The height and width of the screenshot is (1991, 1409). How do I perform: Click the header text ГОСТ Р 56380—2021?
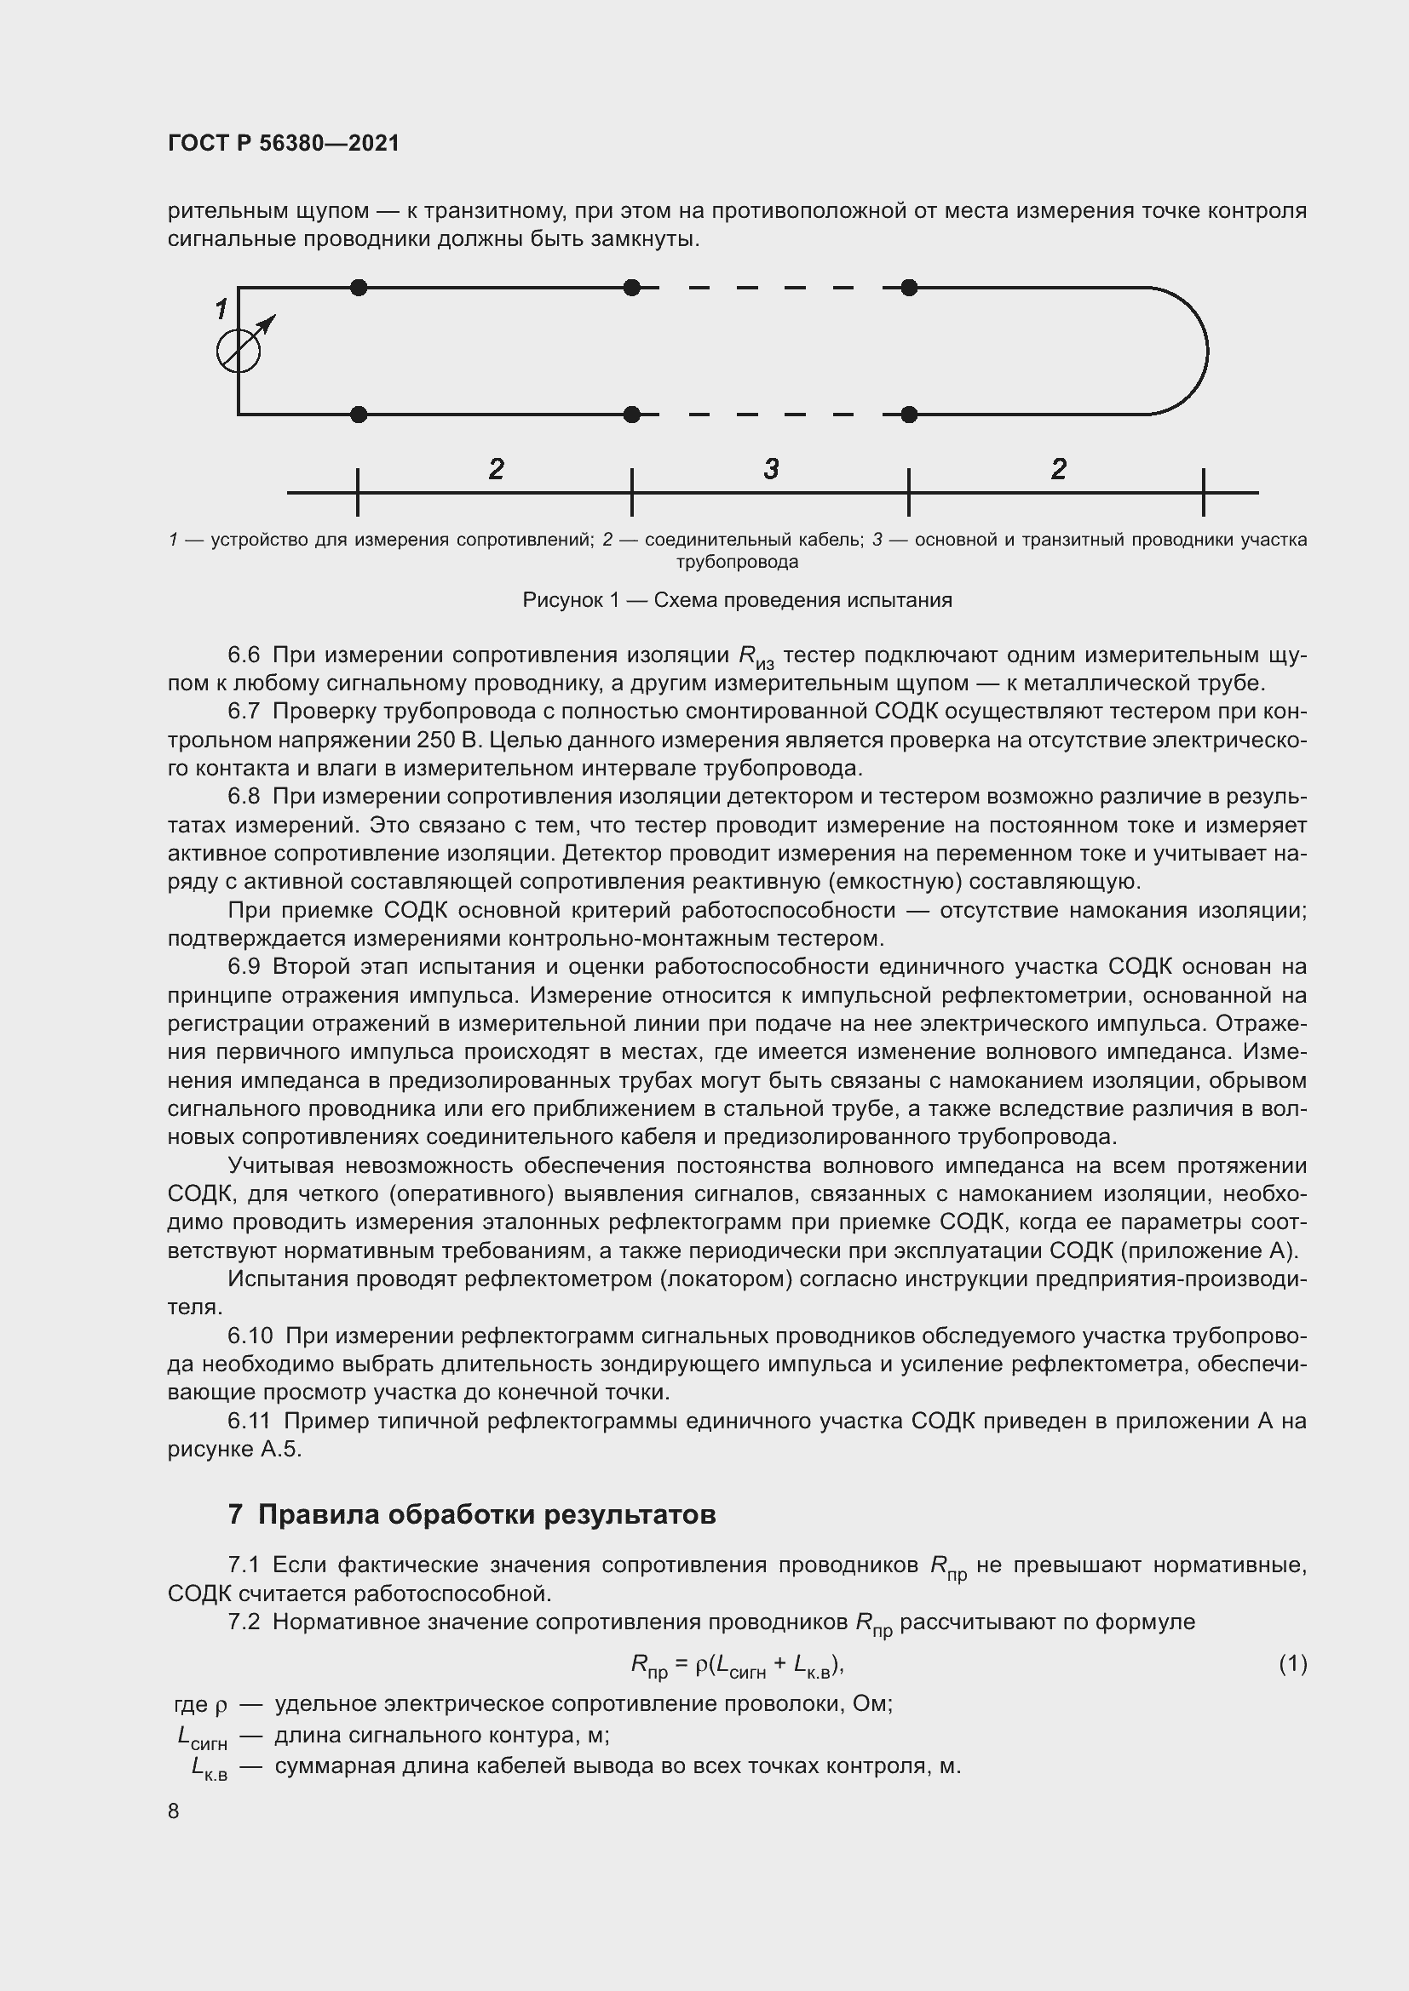coord(283,143)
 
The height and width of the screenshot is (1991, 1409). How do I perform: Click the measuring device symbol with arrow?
coord(239,350)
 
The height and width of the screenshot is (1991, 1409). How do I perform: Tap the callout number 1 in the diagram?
coord(221,308)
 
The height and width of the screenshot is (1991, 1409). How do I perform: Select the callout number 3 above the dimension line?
coord(770,469)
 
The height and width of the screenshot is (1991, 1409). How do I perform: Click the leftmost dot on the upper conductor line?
coord(359,287)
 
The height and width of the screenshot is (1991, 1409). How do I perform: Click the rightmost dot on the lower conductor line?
coord(909,415)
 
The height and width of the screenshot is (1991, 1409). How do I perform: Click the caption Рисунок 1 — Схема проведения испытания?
coord(737,600)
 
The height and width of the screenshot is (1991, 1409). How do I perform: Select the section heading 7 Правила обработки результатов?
coord(471,1515)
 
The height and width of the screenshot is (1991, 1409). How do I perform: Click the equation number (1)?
coord(1292,1663)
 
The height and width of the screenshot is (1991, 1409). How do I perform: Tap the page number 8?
coord(174,1811)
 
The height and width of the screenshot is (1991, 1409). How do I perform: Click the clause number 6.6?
coord(244,655)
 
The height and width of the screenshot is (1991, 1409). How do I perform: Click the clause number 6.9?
coord(244,966)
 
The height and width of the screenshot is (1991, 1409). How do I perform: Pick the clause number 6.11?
coord(249,1421)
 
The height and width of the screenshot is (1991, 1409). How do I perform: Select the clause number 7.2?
coord(244,1622)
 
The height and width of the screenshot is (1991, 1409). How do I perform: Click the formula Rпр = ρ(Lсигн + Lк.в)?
coord(737,1664)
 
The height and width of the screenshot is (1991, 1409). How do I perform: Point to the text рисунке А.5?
coord(234,1449)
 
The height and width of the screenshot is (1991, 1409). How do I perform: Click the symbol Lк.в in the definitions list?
coord(202,1767)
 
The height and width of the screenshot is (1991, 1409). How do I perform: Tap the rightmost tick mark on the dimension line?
coord(1204,493)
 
